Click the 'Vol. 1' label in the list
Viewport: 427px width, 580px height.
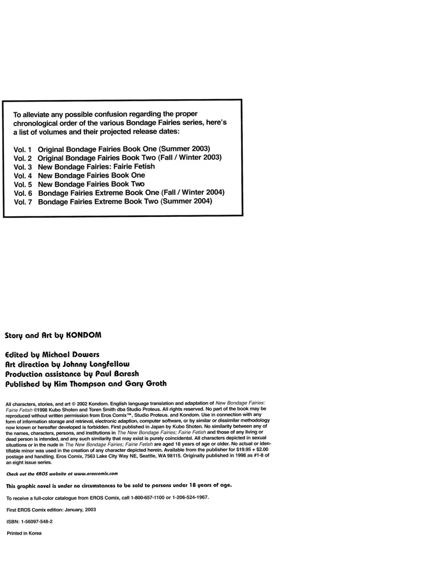tap(23, 150)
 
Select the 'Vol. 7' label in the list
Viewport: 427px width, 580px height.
tap(23, 202)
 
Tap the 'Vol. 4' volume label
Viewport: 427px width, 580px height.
tap(23, 176)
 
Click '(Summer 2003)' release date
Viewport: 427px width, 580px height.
tap(184, 149)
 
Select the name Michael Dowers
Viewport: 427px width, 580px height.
tap(71, 355)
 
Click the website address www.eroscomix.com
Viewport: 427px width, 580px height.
tap(96, 474)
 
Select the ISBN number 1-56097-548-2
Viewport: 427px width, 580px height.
tap(37, 522)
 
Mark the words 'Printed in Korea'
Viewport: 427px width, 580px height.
tap(24, 533)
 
